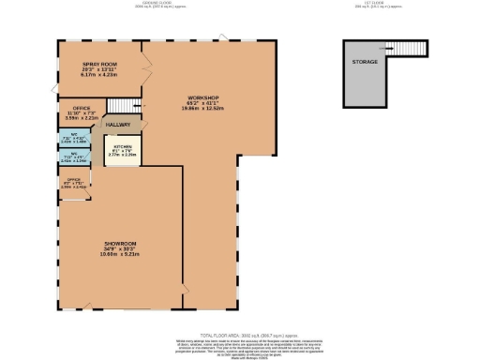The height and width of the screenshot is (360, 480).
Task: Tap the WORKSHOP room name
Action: tap(202, 97)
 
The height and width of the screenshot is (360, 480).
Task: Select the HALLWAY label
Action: tap(117, 124)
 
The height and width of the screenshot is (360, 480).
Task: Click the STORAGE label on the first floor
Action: tap(365, 62)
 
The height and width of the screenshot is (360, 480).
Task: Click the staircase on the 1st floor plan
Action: tap(410, 50)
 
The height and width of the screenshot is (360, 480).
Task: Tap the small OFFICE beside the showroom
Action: tap(72, 182)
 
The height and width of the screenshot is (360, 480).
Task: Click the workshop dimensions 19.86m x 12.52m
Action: tap(202, 108)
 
